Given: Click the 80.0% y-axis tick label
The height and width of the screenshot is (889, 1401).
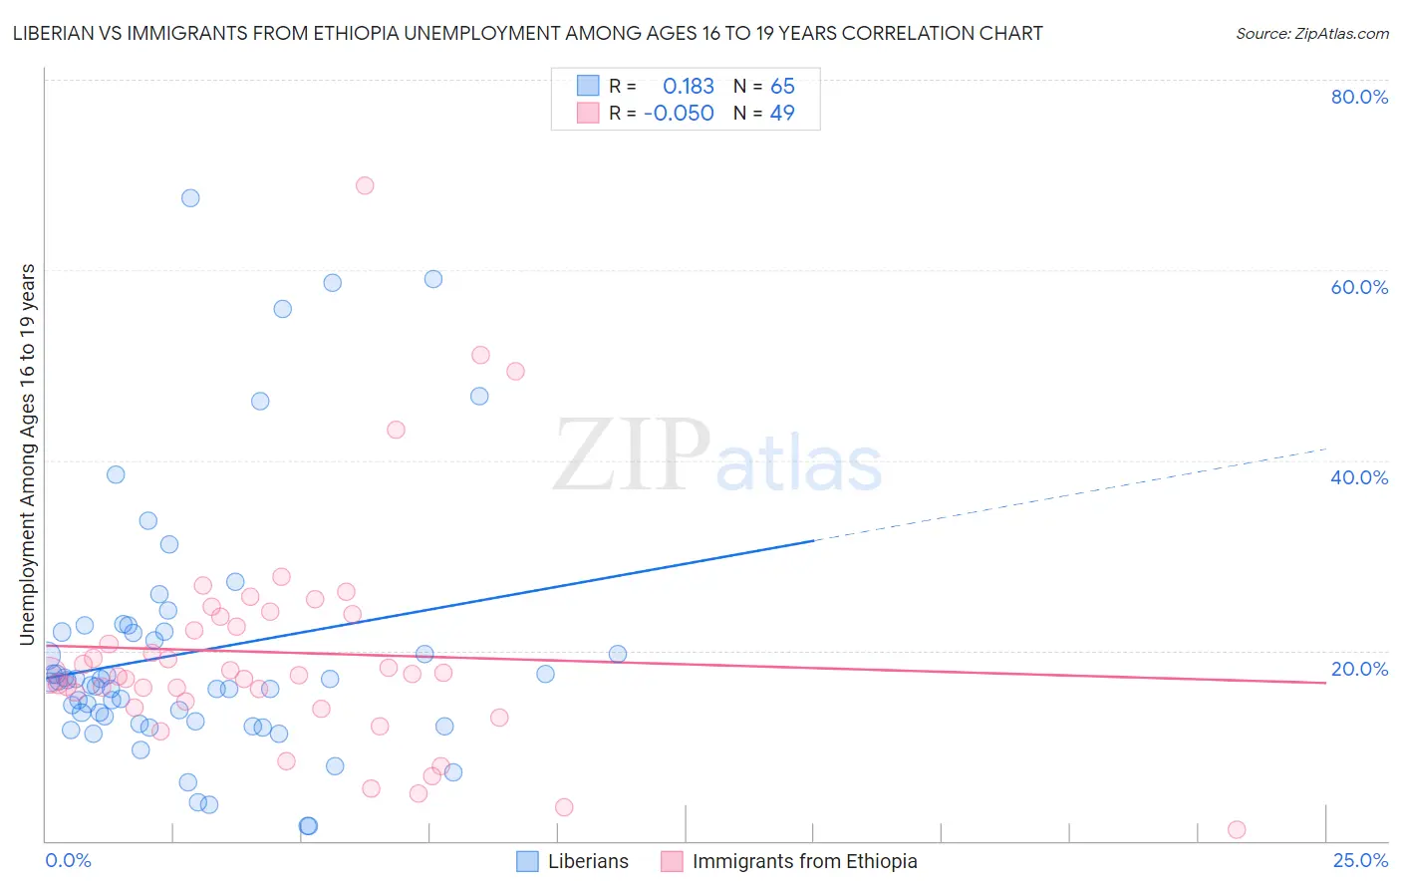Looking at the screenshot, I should click(x=1359, y=97).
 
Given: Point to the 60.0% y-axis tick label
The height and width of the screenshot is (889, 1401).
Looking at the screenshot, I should click(x=1359, y=287).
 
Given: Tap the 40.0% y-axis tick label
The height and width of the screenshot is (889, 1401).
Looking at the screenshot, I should click(x=1359, y=477).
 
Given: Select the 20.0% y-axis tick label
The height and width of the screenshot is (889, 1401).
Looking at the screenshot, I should click(x=1359, y=669).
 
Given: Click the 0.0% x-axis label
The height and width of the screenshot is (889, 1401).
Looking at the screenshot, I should click(x=68, y=860).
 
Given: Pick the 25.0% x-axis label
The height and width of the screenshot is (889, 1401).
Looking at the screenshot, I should click(x=1360, y=860).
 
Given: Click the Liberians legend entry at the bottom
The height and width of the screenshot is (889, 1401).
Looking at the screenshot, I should click(x=573, y=861).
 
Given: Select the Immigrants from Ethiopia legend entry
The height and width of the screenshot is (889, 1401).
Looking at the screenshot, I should click(x=789, y=861).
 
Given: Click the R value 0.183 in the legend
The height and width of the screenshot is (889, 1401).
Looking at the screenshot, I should click(x=689, y=87).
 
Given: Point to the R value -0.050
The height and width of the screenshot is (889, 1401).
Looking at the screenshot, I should click(x=679, y=114).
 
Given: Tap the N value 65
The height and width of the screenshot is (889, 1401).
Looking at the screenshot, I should click(x=782, y=87).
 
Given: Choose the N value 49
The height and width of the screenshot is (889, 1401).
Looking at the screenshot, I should click(x=782, y=114).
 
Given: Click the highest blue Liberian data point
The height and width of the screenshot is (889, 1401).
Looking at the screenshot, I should click(x=190, y=198).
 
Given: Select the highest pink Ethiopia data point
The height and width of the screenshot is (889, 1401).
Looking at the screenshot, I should click(x=365, y=185).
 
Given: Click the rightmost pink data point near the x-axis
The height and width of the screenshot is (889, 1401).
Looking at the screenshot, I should click(x=1237, y=829).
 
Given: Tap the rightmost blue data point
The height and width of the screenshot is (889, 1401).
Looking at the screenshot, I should click(x=618, y=654).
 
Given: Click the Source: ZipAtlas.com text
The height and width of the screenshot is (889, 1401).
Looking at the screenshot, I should click(x=1311, y=34).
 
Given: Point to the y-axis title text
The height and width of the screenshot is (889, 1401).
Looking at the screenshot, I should click(x=28, y=454).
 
